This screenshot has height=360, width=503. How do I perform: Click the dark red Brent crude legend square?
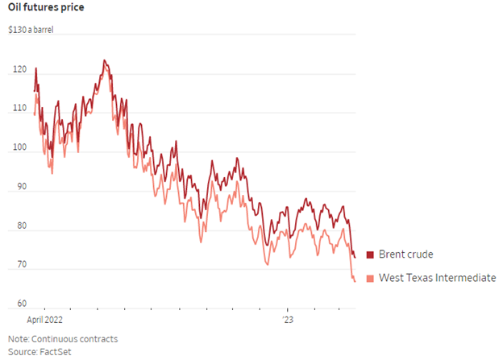(x=371, y=255)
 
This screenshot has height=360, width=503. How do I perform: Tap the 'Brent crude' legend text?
(x=406, y=254)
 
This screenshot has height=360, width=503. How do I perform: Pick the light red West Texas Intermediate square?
(x=371, y=278)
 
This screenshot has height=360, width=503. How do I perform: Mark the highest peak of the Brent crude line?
(x=104, y=60)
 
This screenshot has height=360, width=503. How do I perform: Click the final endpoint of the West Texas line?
(x=355, y=281)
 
